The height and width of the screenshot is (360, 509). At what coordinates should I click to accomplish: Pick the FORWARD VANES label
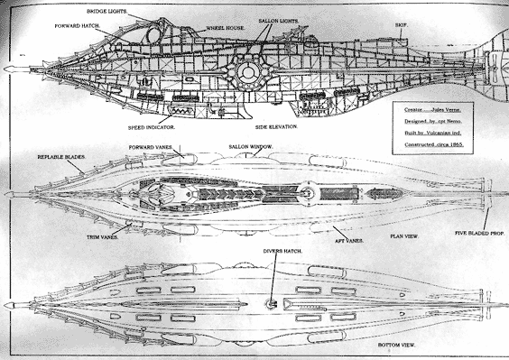click(152, 146)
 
